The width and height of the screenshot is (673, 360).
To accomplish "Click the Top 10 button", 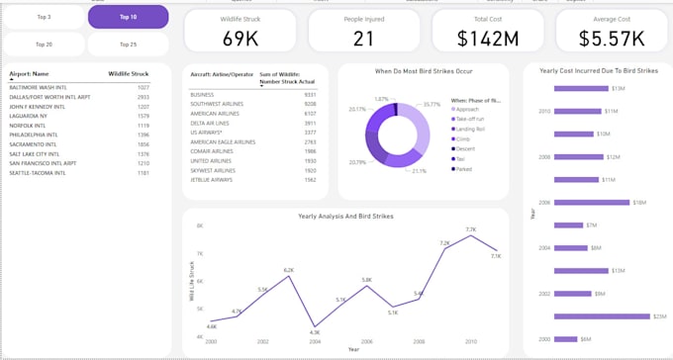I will pyautogui.click(x=128, y=17).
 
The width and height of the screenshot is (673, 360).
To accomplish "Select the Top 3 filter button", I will pyautogui.click(x=44, y=17).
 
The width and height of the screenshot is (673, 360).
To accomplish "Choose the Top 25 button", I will pyautogui.click(x=128, y=45).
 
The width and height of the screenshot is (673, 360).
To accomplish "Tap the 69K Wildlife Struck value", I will pyautogui.click(x=240, y=39).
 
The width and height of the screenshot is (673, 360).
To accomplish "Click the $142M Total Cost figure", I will pyautogui.click(x=488, y=39).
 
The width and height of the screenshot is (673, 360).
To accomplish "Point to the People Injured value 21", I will pyautogui.click(x=363, y=39).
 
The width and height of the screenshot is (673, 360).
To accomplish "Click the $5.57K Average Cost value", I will pyautogui.click(x=612, y=39).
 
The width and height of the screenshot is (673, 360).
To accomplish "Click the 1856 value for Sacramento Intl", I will pyautogui.click(x=143, y=144).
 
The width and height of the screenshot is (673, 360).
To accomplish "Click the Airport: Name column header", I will pyautogui.click(x=29, y=73).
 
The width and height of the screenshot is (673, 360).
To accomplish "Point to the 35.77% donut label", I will pyautogui.click(x=431, y=104).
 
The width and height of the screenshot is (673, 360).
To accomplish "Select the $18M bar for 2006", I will pyautogui.click(x=592, y=202).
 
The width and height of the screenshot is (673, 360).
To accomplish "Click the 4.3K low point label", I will pyautogui.click(x=314, y=332).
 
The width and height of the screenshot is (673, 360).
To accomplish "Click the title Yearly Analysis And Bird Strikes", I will pyautogui.click(x=345, y=216).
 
